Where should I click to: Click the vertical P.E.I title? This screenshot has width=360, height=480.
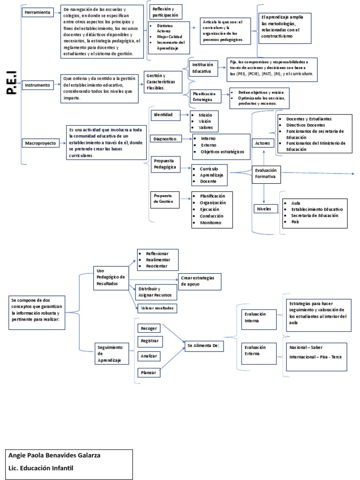click(12, 83)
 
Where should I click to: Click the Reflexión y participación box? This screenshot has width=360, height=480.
click(165, 12)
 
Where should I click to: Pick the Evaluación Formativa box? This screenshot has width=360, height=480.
click(266, 174)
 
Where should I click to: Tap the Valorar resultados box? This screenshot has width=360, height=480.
click(157, 308)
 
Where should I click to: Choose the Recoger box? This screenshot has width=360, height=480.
click(149, 328)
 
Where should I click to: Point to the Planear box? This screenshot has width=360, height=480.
click(149, 372)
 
